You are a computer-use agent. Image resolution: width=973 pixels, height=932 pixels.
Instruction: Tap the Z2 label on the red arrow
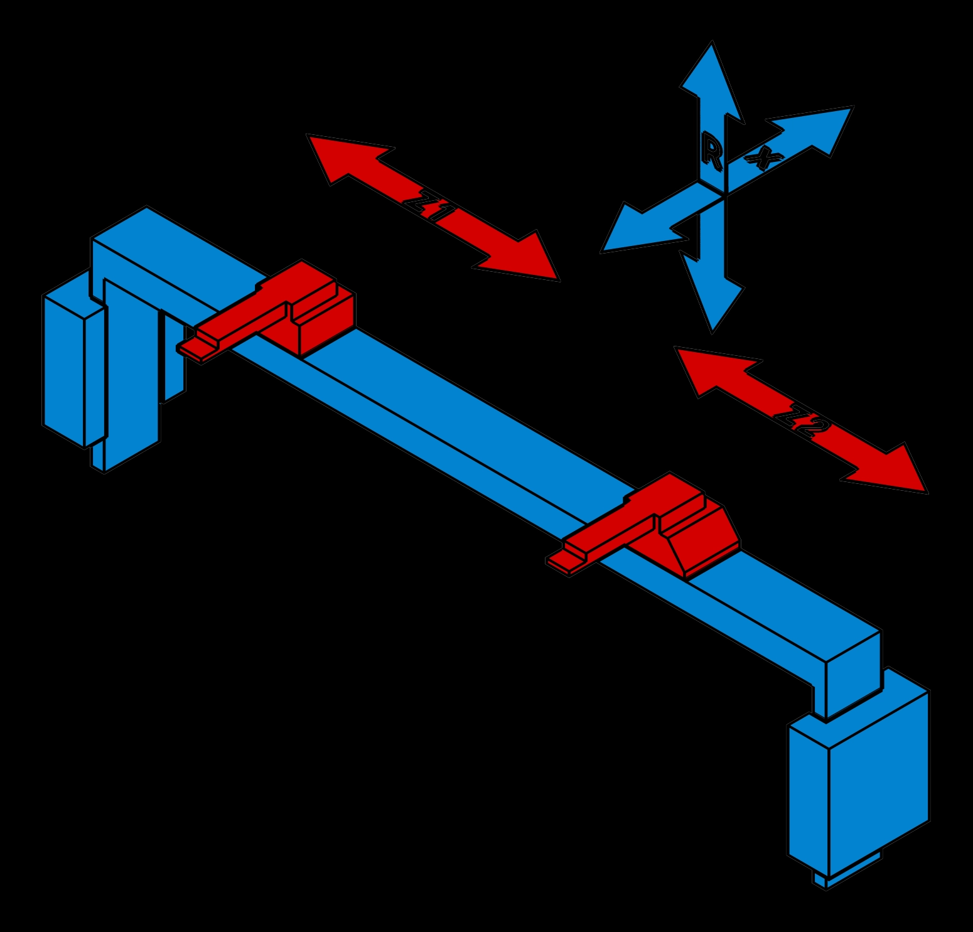[802, 422]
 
